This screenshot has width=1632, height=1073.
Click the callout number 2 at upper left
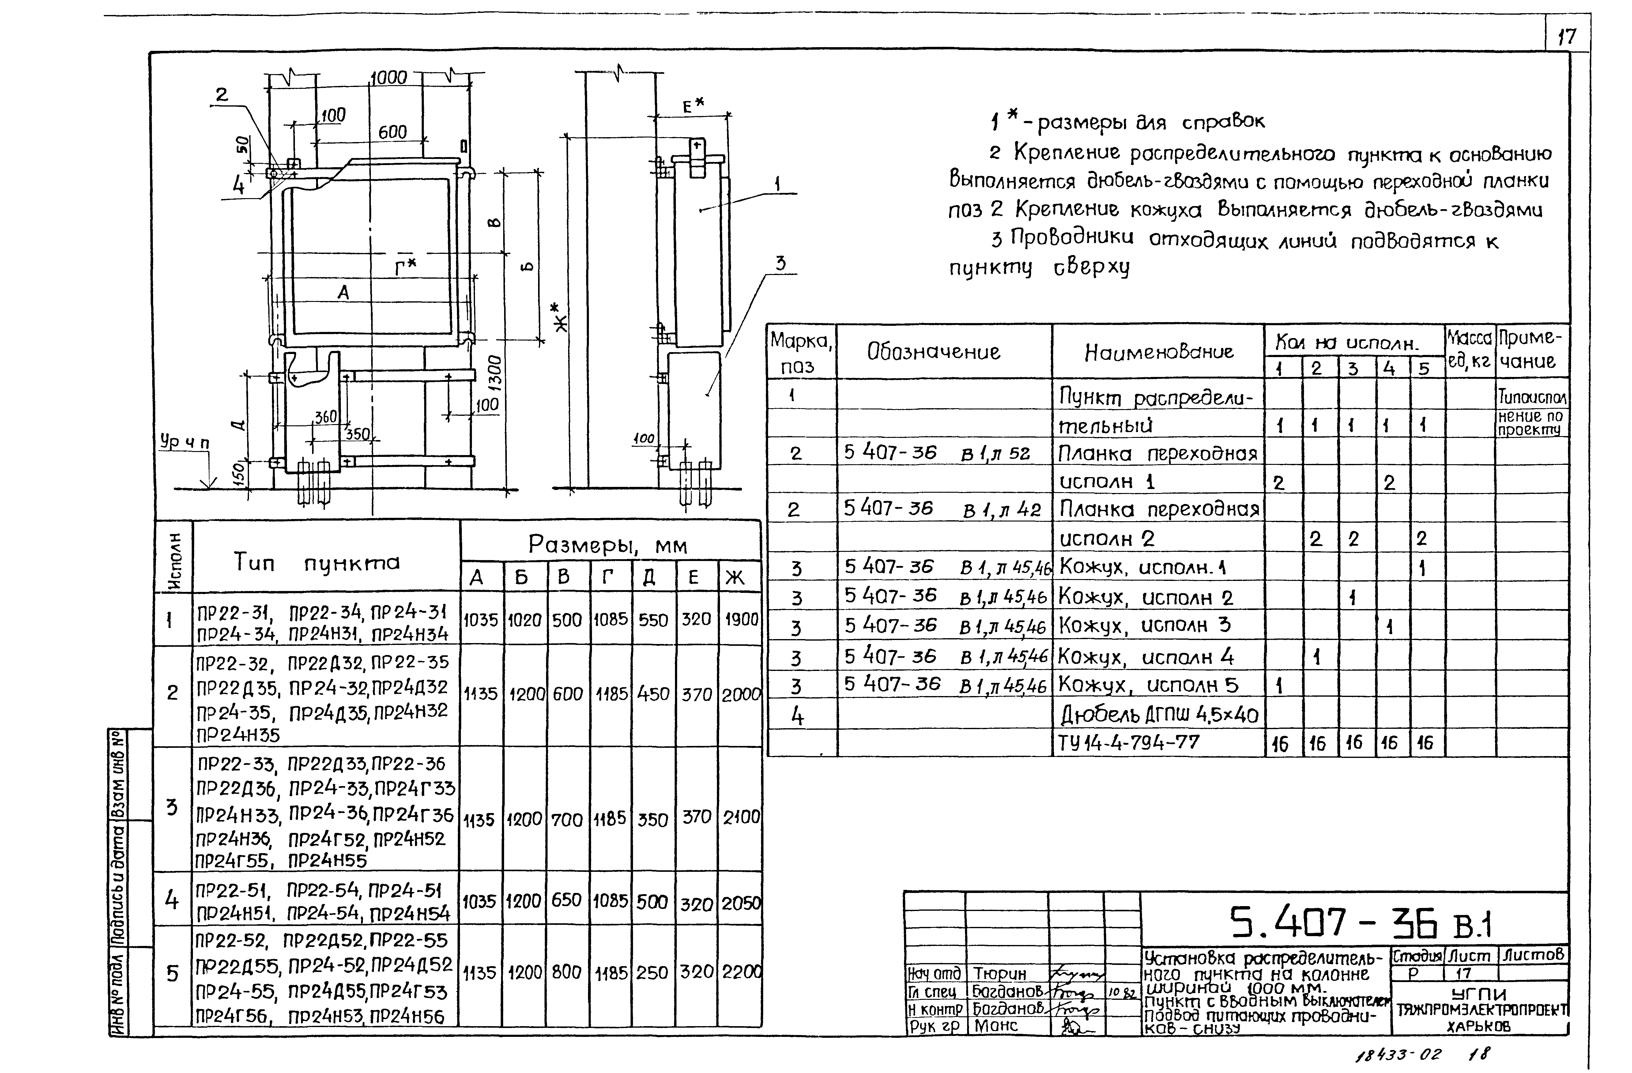tap(221, 95)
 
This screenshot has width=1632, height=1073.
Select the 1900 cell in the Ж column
tap(741, 619)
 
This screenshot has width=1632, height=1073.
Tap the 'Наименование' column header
tap(1159, 352)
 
